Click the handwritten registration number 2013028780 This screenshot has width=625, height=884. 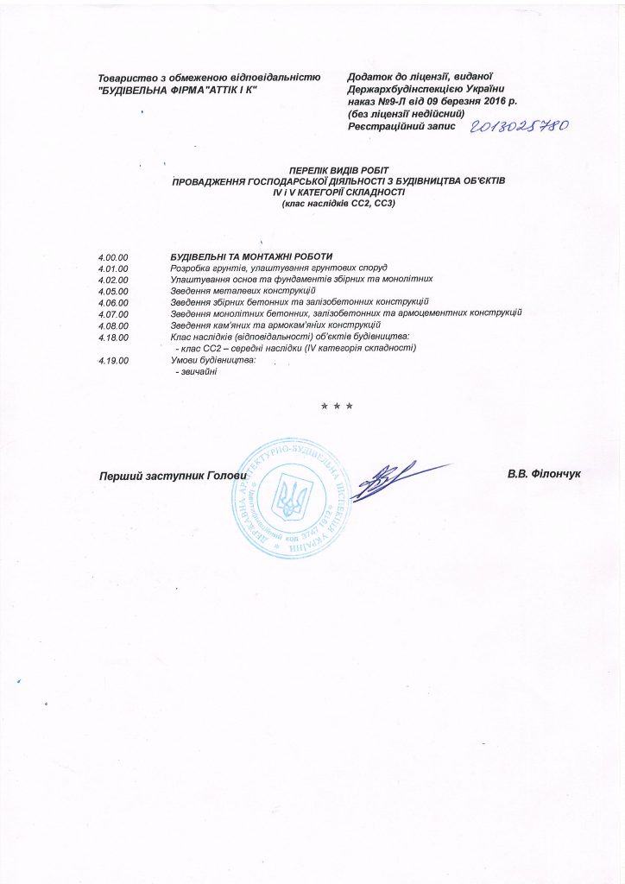(519, 126)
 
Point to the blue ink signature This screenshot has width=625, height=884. (397, 477)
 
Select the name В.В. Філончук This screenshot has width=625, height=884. (546, 475)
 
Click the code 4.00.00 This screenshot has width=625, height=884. (114, 257)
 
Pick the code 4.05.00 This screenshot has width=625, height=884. (114, 291)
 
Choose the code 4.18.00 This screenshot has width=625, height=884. (114, 336)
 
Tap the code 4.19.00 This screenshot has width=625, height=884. (114, 359)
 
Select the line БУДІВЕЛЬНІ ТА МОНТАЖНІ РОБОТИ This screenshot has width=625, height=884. (251, 257)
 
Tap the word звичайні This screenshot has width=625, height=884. (196, 370)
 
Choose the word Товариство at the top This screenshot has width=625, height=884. (126, 78)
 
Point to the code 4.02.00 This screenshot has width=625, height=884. (114, 280)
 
